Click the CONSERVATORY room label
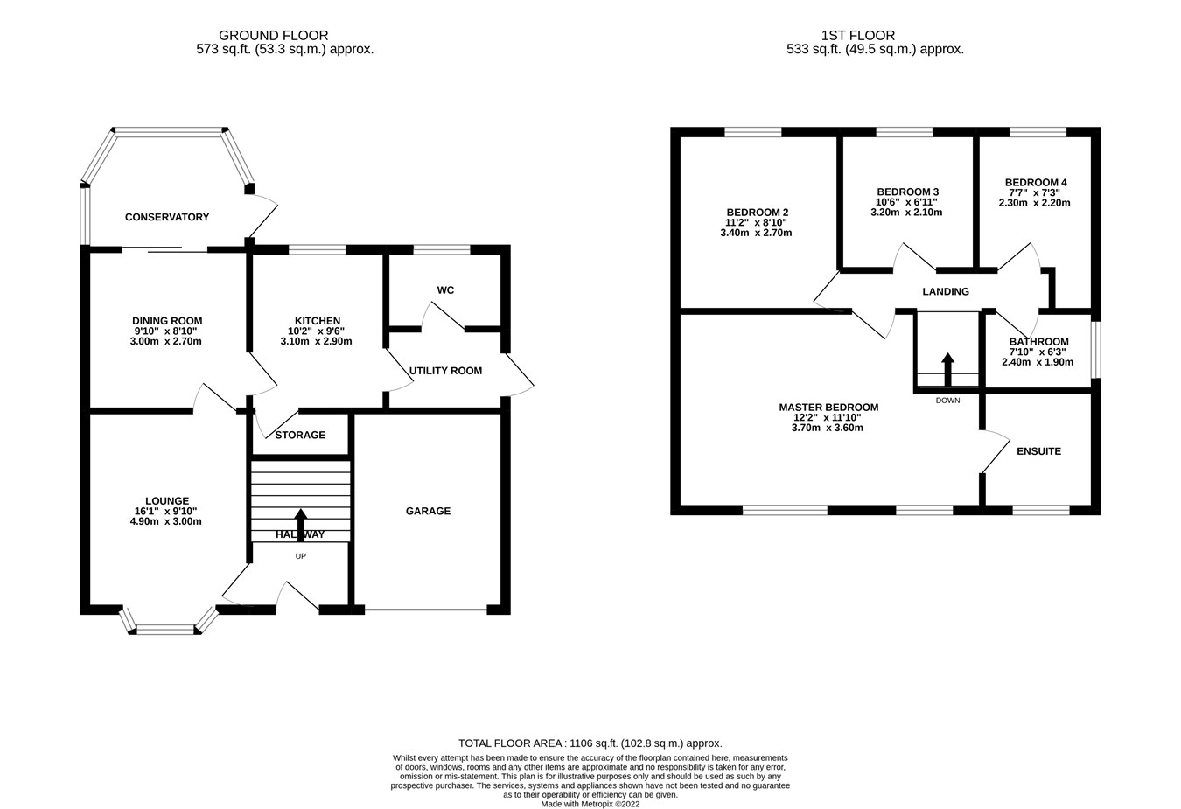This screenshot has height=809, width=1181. click(167, 217)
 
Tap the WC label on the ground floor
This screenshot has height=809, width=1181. click(445, 290)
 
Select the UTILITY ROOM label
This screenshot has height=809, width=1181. click(445, 371)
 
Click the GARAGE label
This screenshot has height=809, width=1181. click(428, 511)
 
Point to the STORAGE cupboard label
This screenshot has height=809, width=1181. click(300, 435)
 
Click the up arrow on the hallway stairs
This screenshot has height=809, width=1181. click(301, 520)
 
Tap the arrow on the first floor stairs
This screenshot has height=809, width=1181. click(947, 368)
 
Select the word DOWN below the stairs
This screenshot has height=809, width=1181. click(947, 401)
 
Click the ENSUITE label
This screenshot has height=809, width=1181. click(1038, 451)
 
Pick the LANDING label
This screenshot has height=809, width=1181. click(946, 291)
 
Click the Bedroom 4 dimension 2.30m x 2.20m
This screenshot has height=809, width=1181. click(1034, 203)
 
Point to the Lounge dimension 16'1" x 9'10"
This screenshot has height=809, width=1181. click(166, 512)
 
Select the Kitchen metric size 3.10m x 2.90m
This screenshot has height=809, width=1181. click(317, 341)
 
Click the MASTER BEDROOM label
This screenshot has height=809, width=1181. click(828, 408)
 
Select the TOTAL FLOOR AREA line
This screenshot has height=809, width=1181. click(590, 743)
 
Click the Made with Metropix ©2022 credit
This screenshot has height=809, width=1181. click(590, 804)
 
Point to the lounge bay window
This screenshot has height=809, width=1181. click(166, 627)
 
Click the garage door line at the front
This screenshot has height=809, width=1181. click(426, 610)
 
